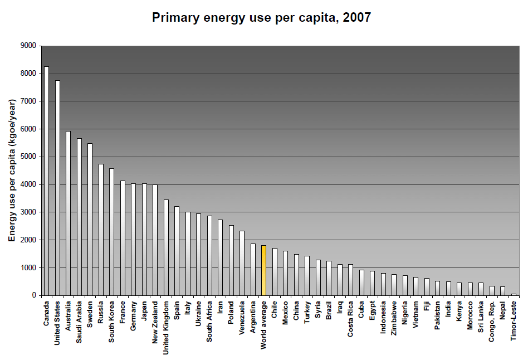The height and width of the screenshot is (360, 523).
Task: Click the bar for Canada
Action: point(46,181)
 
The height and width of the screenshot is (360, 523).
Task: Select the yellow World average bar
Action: point(264,270)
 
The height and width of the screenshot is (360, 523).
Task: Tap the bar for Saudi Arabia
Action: point(79,217)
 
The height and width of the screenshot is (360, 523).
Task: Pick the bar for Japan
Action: point(144,240)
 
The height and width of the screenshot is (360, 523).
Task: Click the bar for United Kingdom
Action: point(166,247)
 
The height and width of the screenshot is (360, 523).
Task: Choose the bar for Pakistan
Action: point(438,288)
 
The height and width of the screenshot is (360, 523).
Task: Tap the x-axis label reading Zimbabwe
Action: point(394,318)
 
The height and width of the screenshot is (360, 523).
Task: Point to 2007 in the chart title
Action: point(357,17)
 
